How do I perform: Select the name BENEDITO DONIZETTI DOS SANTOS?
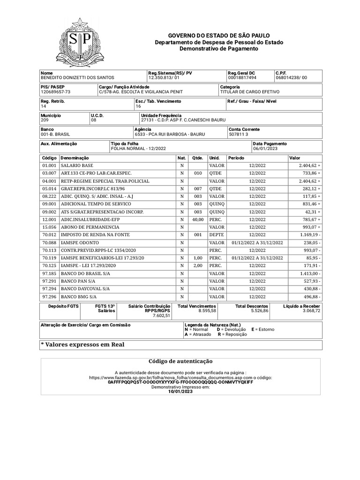coord(77,78)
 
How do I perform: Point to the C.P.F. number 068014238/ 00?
coord(292,78)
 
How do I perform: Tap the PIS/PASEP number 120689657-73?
coord(56,92)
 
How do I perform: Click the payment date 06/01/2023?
coord(265,149)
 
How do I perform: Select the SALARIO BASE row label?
coord(77,166)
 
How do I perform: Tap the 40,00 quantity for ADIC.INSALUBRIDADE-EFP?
coord(197,219)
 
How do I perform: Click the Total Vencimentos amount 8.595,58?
coord(207,311)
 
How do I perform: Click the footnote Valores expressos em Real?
coord(83,345)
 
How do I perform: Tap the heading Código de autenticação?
coord(180,361)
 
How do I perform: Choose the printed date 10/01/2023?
coord(180,392)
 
